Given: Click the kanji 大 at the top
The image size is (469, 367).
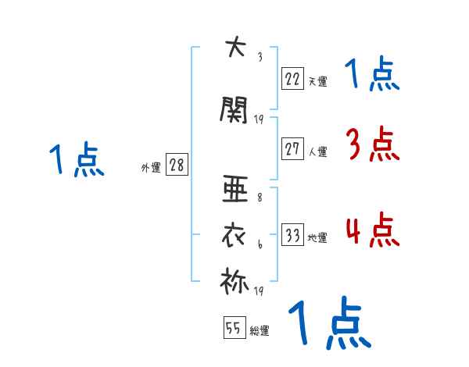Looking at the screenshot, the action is click(x=232, y=48).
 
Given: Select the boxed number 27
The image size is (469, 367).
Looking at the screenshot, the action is click(x=293, y=149).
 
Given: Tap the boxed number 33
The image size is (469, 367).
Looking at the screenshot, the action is click(x=293, y=236).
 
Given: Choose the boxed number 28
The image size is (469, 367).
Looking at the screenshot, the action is click(x=177, y=166).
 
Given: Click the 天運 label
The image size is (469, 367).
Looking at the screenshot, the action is click(x=317, y=80).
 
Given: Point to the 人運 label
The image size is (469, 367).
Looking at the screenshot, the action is click(x=317, y=151).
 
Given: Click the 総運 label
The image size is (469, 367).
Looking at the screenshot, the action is click(x=260, y=331).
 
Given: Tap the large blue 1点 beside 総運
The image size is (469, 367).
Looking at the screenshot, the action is click(x=328, y=324).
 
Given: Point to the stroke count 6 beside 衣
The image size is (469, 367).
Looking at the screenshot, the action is click(x=259, y=246).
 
